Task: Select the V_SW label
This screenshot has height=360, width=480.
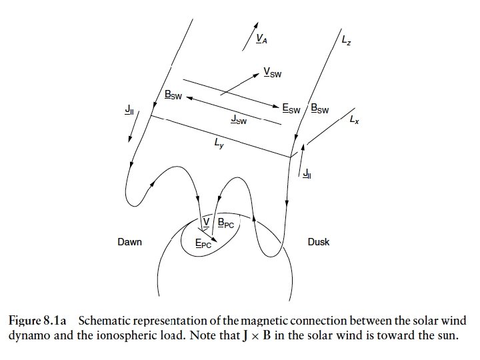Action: point(271,72)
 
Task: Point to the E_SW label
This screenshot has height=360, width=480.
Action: point(291,107)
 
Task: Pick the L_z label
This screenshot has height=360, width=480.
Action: point(346,41)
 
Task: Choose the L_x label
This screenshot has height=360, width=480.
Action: point(354,121)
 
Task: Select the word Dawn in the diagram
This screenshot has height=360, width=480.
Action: point(129,242)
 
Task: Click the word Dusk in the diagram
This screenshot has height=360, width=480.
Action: point(318,242)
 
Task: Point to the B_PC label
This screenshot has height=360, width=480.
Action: point(226,224)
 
